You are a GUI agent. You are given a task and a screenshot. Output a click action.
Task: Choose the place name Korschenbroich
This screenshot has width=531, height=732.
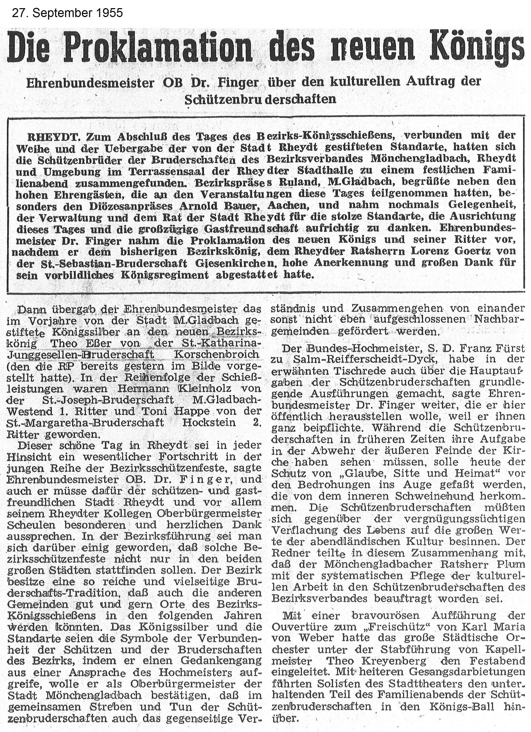(x=216, y=354)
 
